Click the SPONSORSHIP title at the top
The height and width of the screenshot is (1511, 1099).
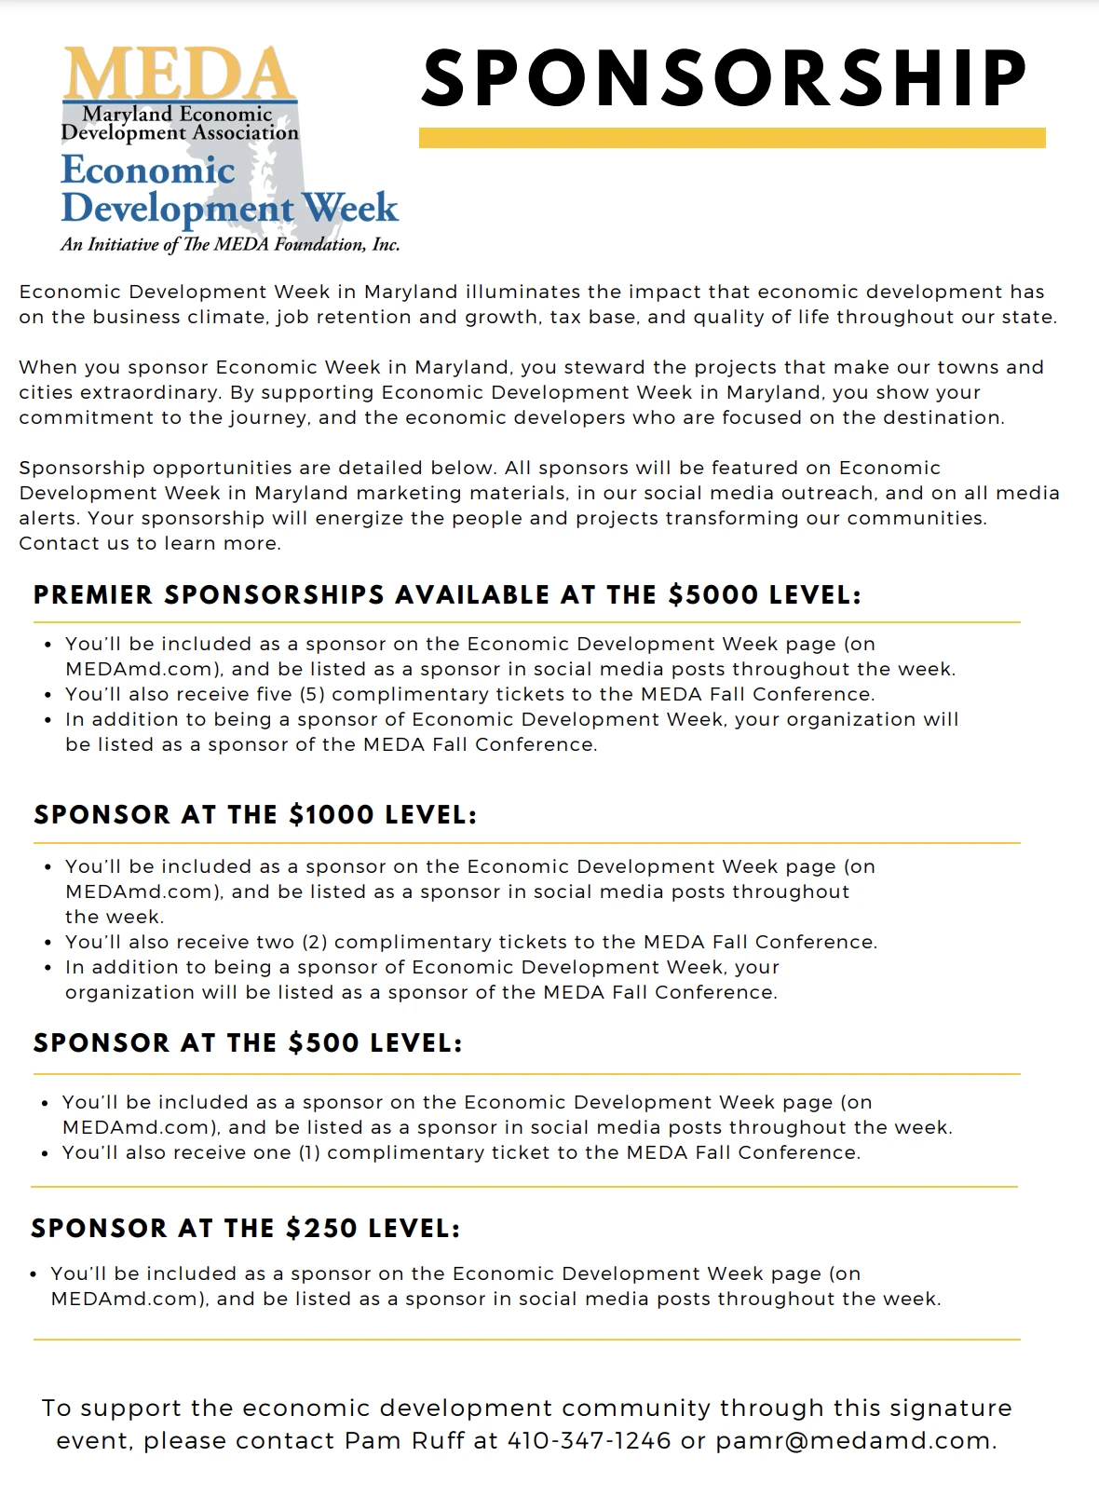tap(725, 78)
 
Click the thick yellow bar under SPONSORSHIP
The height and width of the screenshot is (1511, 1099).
tap(732, 138)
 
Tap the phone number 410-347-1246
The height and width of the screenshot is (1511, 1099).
tap(589, 1440)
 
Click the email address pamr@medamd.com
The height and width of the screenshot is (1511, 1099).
tap(855, 1440)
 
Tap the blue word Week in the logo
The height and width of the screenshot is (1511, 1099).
tap(350, 208)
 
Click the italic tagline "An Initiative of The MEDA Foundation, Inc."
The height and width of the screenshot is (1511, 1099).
tap(230, 245)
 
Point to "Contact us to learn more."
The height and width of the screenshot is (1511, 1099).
tap(150, 543)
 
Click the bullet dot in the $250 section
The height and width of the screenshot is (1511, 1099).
tap(34, 1274)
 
